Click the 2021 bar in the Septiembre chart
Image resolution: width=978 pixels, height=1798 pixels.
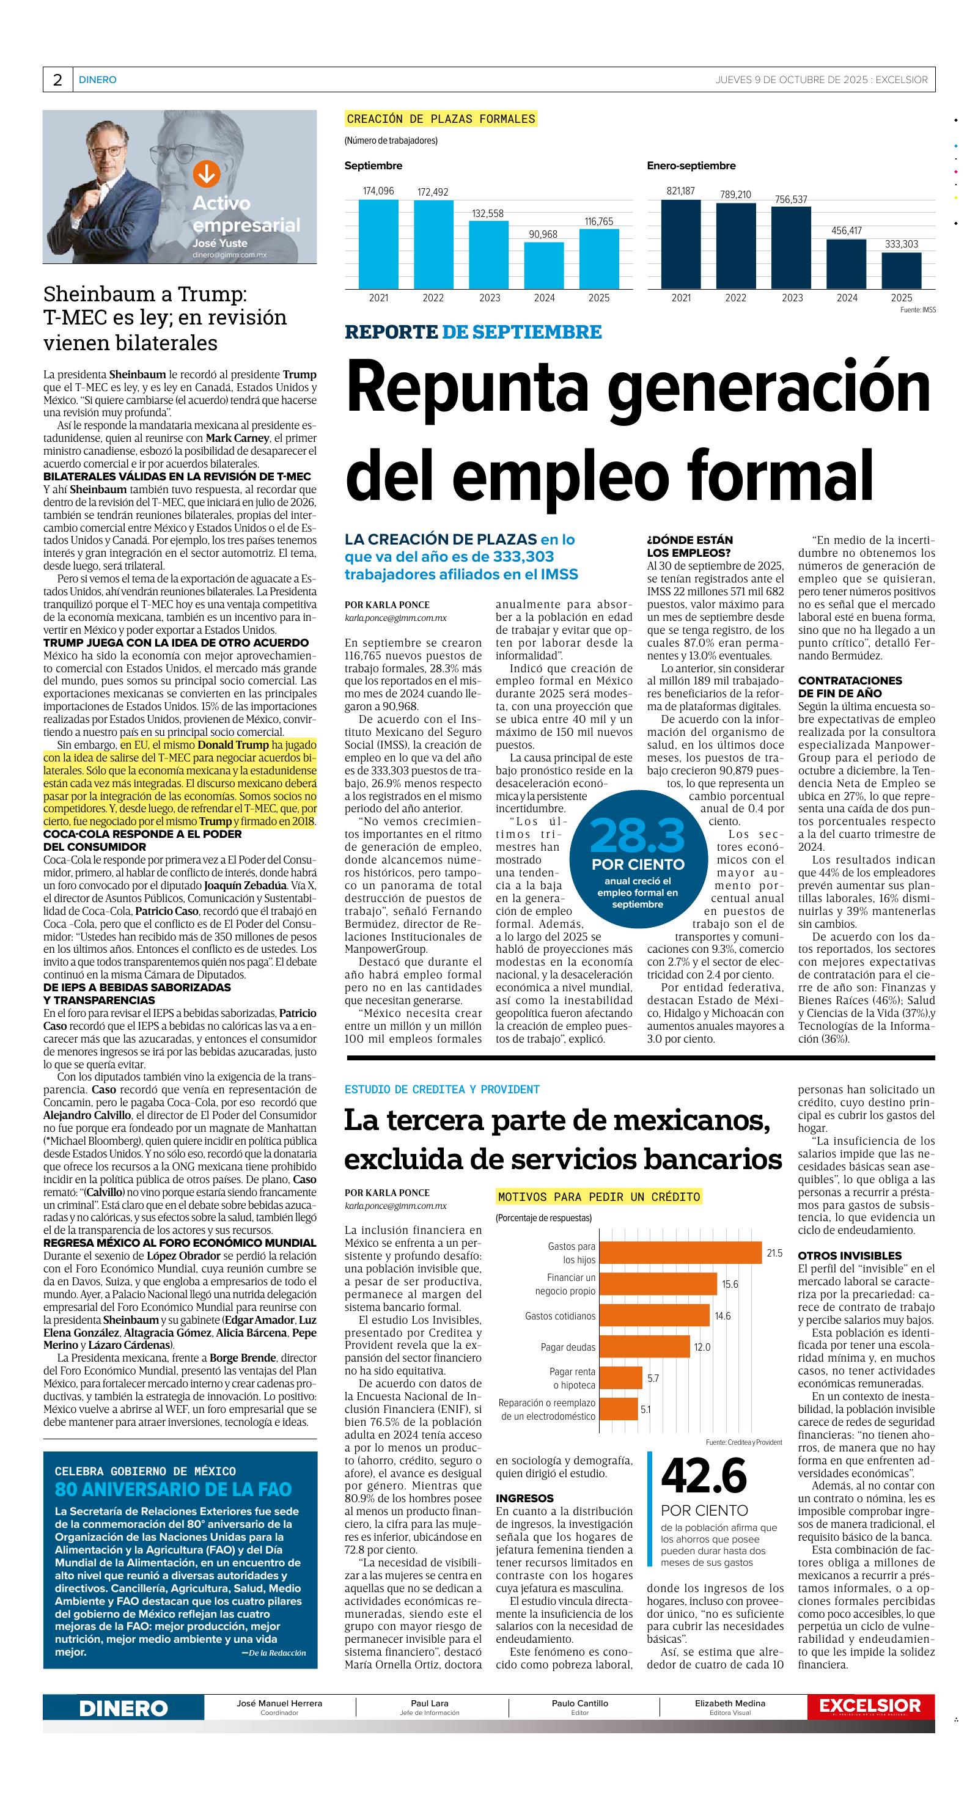point(378,244)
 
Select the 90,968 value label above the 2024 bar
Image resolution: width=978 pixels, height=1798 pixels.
point(543,235)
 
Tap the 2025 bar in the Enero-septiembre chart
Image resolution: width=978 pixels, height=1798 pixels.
point(901,270)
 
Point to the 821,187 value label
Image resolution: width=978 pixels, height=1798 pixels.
point(680,191)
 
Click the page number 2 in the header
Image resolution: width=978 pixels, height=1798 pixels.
point(57,80)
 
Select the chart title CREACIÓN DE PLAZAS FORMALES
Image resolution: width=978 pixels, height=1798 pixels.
point(441,119)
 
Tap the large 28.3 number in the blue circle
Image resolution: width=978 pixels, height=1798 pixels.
point(637,835)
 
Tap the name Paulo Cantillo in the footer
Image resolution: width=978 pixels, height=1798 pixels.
point(579,1703)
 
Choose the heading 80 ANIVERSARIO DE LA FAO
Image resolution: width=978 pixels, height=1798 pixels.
point(173,1489)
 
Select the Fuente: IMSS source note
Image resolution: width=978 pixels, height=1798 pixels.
point(917,309)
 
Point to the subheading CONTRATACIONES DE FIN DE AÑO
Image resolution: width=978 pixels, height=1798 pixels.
point(850,687)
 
